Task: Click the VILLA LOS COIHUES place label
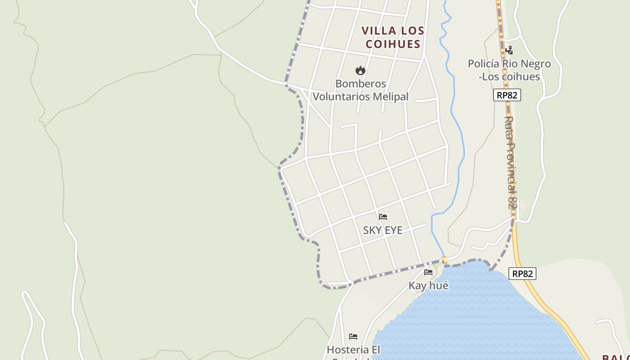[x=393, y=37]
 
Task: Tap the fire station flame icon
[x=360, y=71]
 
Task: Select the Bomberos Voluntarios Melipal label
[x=360, y=90]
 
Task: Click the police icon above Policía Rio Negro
[x=509, y=50]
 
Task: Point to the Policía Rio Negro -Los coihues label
[x=509, y=70]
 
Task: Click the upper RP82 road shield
[x=507, y=95]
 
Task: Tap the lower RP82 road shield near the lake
[x=523, y=274]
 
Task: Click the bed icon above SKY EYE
[x=383, y=217]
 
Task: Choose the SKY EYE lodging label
[x=382, y=230]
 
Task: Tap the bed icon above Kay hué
[x=428, y=272]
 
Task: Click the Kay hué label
[x=428, y=285]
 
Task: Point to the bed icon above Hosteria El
[x=353, y=336]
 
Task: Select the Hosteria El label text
[x=353, y=350]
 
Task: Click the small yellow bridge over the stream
[x=445, y=260]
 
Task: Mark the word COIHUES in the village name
[x=393, y=44]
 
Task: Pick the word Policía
[x=484, y=64]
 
